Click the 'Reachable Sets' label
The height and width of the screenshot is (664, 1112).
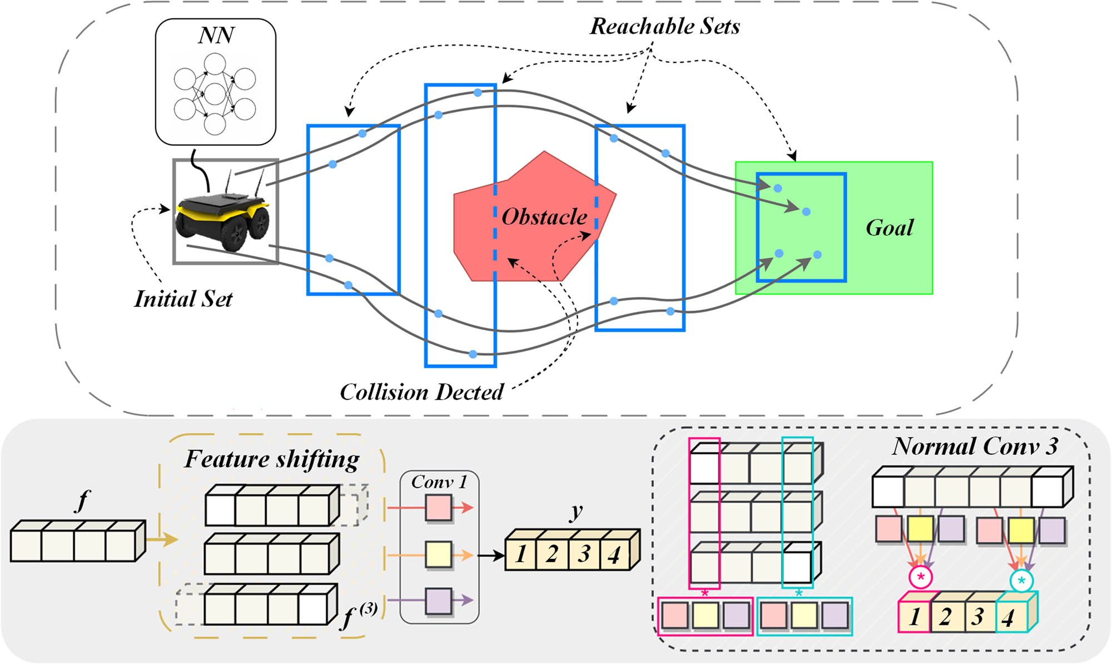coord(665,27)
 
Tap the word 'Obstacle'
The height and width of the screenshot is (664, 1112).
coord(544,217)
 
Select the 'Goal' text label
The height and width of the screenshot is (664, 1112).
coord(890,228)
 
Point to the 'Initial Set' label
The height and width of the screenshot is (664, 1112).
coord(183,299)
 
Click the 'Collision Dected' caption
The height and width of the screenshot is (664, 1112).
coord(422,393)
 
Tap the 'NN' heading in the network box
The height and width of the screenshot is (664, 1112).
coord(216,36)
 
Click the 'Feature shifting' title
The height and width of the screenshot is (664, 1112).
coord(272,460)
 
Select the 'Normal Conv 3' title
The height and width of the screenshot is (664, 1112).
coord(975,447)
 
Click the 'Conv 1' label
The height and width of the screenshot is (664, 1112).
coord(439,482)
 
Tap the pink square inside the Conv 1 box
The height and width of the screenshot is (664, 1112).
coord(438,508)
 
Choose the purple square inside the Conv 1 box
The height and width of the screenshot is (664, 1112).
coord(438,601)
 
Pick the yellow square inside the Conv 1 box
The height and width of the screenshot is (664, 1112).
coord(438,555)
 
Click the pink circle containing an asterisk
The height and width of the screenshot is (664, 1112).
coord(921,577)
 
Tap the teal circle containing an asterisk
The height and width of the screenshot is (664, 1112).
coord(1021,581)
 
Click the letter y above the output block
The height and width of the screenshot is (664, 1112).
coord(577,511)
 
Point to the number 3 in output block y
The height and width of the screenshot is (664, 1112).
coord(584,554)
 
